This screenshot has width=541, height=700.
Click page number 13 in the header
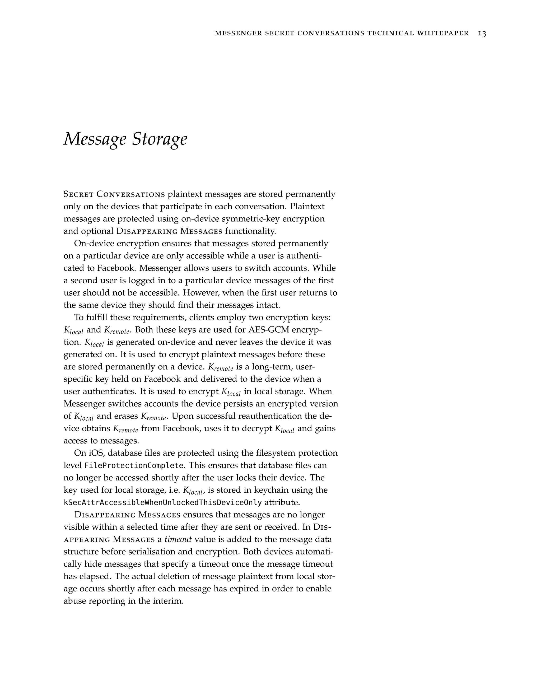click(x=482, y=33)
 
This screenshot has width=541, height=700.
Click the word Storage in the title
click(x=160, y=139)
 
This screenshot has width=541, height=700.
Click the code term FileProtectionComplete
click(x=134, y=465)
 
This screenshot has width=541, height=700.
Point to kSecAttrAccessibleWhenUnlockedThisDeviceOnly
click(x=163, y=502)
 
